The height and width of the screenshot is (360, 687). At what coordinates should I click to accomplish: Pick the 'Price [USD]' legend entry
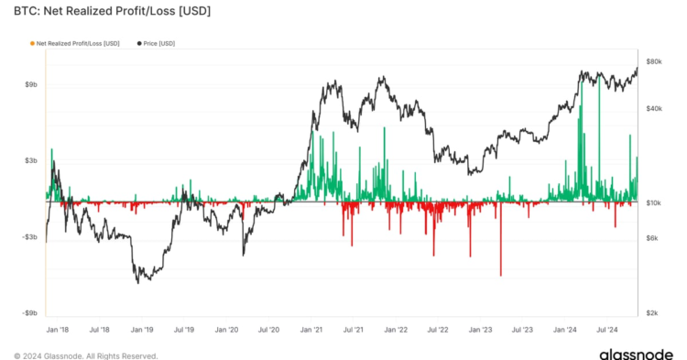[x=158, y=43]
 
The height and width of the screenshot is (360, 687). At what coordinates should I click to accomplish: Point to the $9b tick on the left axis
[x=30, y=84]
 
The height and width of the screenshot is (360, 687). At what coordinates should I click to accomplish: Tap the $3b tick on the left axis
[x=30, y=160]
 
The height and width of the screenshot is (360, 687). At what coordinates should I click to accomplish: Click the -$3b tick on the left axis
[x=29, y=237]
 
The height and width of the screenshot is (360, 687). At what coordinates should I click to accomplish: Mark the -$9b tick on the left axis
[x=29, y=313]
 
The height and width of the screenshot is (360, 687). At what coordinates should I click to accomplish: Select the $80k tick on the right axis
[x=653, y=61]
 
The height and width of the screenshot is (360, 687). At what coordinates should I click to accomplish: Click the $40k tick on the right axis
[x=653, y=109]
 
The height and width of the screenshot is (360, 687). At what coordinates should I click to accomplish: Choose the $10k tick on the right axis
[x=653, y=203]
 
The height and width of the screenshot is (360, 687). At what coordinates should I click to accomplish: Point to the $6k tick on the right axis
[x=651, y=238]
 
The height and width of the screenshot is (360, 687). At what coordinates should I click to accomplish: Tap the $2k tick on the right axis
[x=651, y=313]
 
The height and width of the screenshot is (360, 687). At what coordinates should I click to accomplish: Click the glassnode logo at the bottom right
[x=631, y=353]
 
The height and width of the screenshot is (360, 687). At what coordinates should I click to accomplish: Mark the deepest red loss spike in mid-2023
[x=500, y=273]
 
